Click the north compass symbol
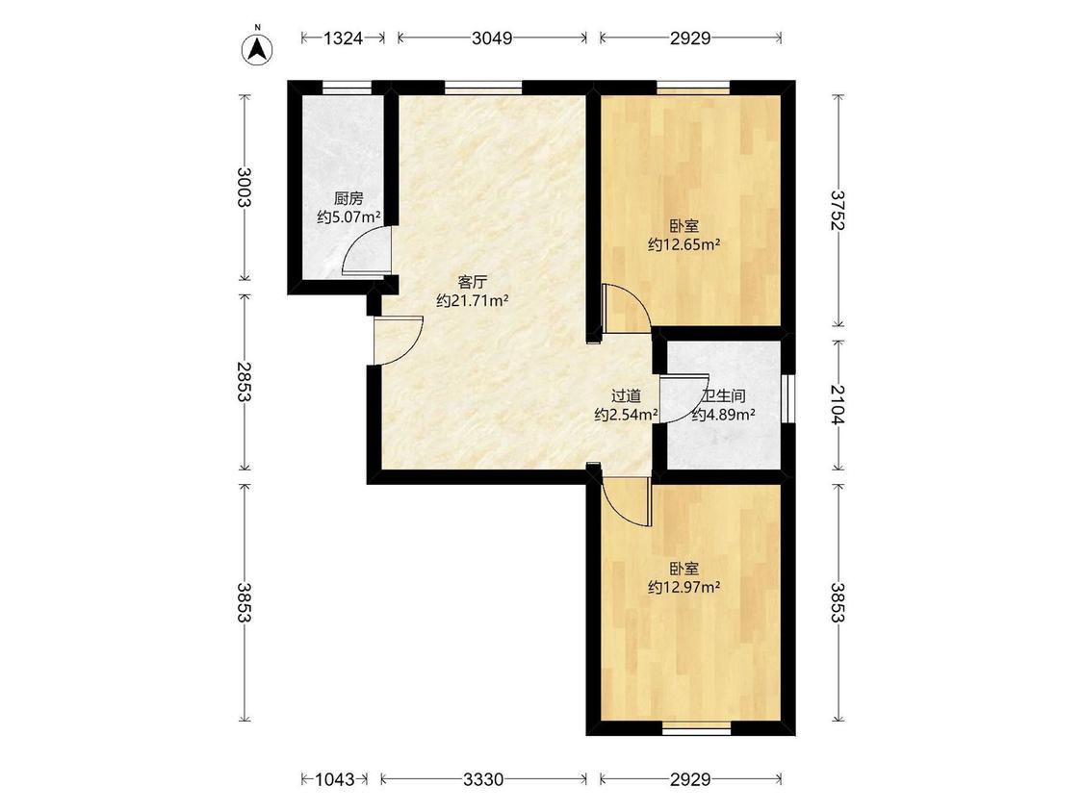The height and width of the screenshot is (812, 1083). [x=257, y=48]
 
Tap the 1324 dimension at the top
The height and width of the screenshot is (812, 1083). [x=344, y=38]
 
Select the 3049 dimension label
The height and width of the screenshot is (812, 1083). [x=492, y=38]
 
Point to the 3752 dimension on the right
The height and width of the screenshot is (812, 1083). [x=838, y=210]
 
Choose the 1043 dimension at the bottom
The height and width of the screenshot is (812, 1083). [x=334, y=779]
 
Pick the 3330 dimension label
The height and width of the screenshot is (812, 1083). [x=483, y=779]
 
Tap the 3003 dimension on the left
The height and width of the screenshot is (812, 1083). [x=245, y=187]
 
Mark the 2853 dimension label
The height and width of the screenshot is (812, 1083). [x=245, y=381]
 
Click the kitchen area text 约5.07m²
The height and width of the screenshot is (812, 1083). [x=348, y=217]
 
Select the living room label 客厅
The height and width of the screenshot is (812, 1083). [x=473, y=282]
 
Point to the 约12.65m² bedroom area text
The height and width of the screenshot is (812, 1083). [x=683, y=244]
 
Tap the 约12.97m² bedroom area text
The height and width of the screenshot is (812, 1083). [x=683, y=588]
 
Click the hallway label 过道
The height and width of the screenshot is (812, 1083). [x=627, y=396]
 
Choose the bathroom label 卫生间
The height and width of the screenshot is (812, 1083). [x=723, y=396]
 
